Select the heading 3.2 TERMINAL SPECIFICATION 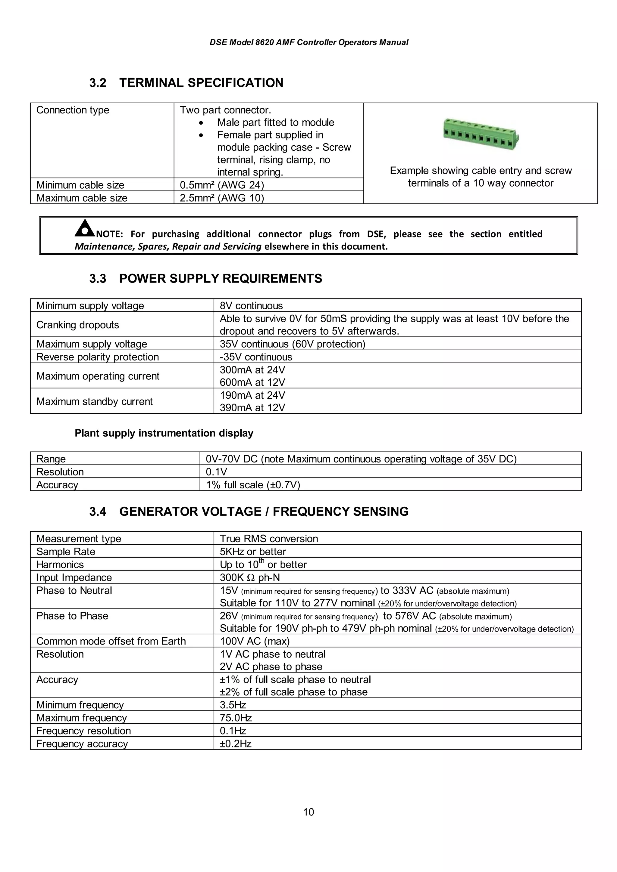point(186,83)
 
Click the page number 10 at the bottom point(308,812)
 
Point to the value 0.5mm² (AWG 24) point(222,185)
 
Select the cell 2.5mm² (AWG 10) point(222,198)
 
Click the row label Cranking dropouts point(77,325)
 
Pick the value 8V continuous point(251,306)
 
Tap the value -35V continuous point(256,357)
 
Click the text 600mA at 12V point(252,382)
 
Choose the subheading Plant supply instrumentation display point(164,433)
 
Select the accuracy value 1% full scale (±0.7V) point(253,485)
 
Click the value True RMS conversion point(269,539)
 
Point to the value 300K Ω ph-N point(250,578)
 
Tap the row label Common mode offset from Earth point(111,641)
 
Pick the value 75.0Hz point(236,718)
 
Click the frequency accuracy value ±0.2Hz point(236,744)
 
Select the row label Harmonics point(60,564)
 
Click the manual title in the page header point(309,42)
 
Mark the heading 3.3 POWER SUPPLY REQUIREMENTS point(206,279)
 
